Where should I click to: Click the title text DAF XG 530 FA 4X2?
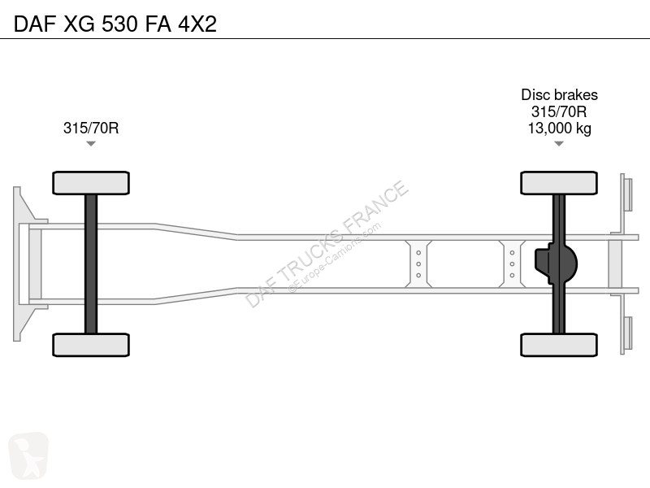coord(115,24)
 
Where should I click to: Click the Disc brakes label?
coord(559,95)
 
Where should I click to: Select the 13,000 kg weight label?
coord(559,129)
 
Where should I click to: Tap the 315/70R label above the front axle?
coord(91,128)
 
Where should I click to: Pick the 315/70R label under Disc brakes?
coord(559,111)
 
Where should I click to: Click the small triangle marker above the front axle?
coord(91,144)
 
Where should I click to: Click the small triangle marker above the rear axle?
coord(559,144)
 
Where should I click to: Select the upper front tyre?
coord(91,183)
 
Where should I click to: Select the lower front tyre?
coord(91,345)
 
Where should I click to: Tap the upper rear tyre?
coord(559,183)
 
